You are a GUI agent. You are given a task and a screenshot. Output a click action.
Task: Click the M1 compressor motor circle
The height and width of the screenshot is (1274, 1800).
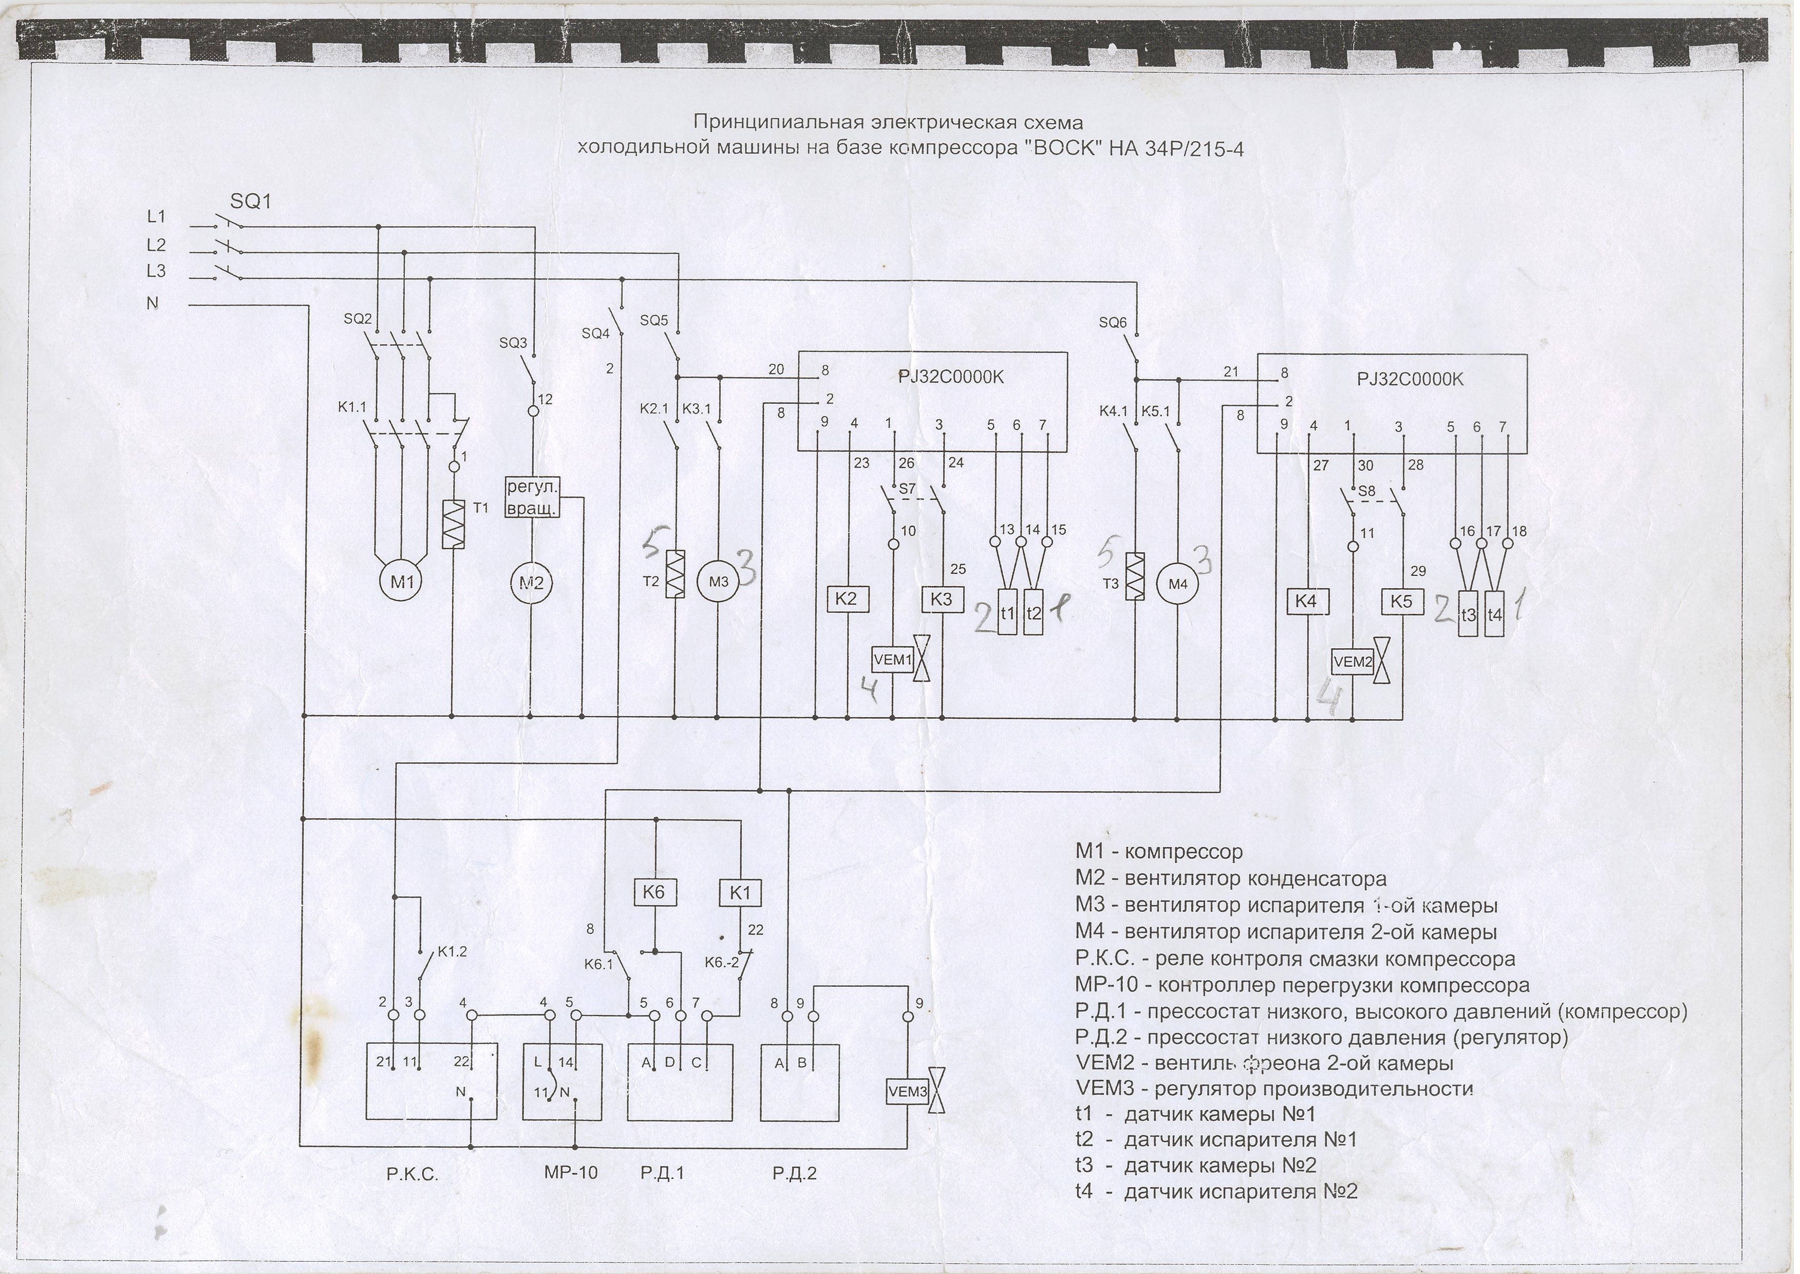[x=402, y=582]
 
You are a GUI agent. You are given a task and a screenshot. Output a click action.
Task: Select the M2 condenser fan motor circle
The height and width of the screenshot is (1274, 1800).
[x=532, y=582]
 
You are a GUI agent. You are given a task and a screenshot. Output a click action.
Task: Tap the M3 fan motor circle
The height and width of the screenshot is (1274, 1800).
[x=719, y=582]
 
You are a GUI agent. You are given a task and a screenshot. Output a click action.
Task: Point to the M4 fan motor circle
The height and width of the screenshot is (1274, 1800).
[x=1178, y=584]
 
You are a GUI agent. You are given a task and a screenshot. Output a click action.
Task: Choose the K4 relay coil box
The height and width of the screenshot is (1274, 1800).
[x=1306, y=602]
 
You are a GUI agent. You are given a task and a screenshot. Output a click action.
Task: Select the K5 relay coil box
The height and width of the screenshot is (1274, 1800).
[x=1401, y=602]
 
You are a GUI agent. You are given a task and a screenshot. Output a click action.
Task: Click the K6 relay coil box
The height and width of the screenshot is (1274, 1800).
[x=653, y=892]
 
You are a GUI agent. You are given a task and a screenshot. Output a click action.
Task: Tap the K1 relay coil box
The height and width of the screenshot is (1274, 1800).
[x=740, y=892]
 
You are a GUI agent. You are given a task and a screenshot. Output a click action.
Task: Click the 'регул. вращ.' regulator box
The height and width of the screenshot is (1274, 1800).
[x=532, y=497]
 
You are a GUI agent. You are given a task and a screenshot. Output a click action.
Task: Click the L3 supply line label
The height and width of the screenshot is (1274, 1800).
[x=157, y=271]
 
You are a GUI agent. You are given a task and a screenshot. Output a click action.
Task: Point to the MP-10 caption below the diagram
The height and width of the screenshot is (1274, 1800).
[x=570, y=1173]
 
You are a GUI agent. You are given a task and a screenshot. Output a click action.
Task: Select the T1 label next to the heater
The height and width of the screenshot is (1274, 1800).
[x=481, y=509]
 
